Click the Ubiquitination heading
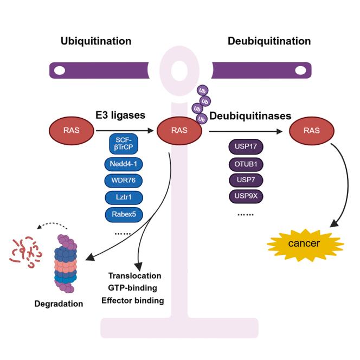tap(96, 41)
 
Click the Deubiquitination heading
tap(269, 41)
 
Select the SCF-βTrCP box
tap(124, 144)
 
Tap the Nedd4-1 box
tap(124, 164)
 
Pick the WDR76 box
tap(124, 181)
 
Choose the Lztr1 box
tap(124, 197)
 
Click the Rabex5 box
tap(124, 215)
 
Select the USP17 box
tap(246, 146)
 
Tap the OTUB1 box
tap(246, 164)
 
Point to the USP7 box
tap(246, 180)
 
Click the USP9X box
tap(246, 196)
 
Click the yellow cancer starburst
tap(305, 245)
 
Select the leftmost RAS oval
tap(72, 131)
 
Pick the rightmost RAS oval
tap(312, 131)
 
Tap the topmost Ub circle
tap(202, 91)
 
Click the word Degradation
tap(59, 304)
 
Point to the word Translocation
tap(135, 276)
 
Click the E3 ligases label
tap(120, 115)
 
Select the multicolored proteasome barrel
tap(66, 263)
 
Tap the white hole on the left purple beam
tap(60, 70)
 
